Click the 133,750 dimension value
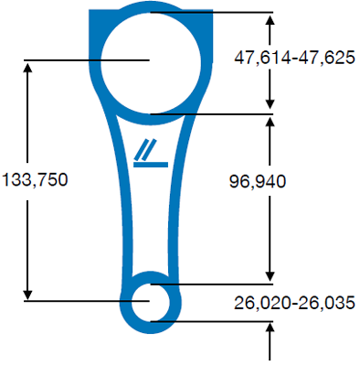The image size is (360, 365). [35, 179]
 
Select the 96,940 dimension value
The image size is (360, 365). [258, 181]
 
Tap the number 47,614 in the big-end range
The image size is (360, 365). [262, 58]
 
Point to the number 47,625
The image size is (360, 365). [326, 58]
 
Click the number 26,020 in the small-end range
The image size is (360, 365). [262, 303]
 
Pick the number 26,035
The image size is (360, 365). [326, 303]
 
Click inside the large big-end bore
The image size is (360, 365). [151, 62]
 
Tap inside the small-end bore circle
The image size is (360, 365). [151, 302]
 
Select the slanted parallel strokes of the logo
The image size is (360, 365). [146, 150]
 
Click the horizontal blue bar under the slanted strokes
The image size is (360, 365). [151, 165]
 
